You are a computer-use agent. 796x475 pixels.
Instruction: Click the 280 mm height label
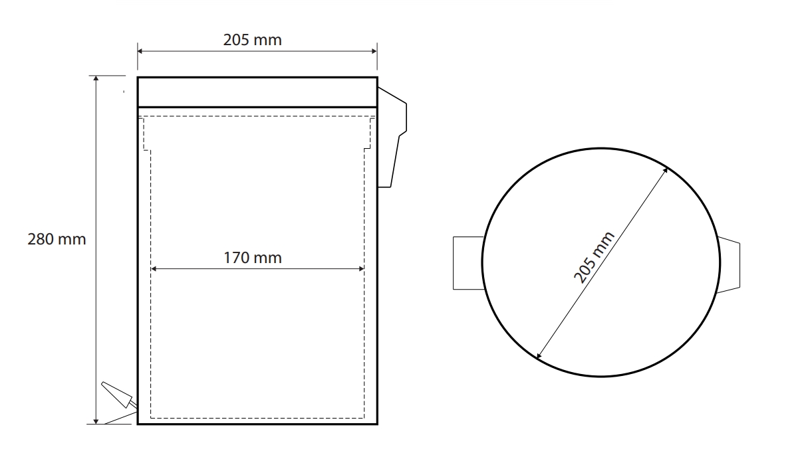click(x=57, y=238)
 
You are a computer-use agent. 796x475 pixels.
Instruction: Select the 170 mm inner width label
click(x=253, y=258)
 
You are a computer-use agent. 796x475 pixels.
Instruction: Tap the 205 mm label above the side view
click(x=252, y=40)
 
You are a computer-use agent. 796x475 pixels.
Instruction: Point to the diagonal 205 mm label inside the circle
click(x=594, y=257)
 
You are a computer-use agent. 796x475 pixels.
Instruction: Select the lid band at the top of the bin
click(x=257, y=92)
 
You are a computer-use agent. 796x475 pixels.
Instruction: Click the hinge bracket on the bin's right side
click(x=392, y=137)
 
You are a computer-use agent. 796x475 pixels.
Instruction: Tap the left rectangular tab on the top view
click(x=468, y=262)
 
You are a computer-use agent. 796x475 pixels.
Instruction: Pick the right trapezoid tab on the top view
click(x=729, y=264)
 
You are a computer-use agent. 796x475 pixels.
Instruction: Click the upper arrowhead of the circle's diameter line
click(x=665, y=171)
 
